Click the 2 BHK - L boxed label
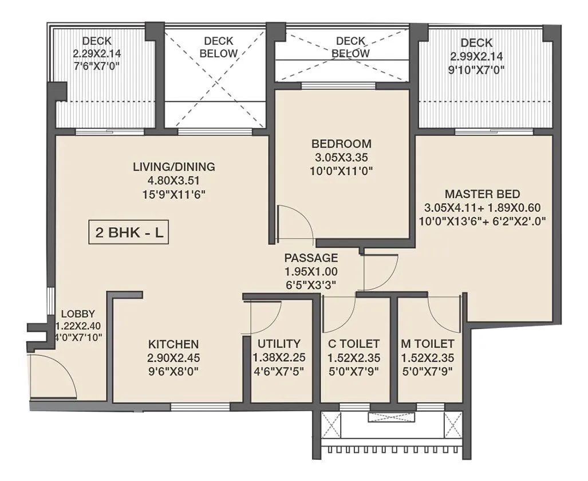(x=128, y=233)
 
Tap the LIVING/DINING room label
(x=174, y=167)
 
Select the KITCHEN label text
(x=173, y=344)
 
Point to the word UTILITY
(x=279, y=343)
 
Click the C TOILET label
(x=353, y=343)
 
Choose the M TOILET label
(x=428, y=343)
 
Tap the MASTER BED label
(x=482, y=193)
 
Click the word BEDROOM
(x=341, y=143)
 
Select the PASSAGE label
(x=311, y=258)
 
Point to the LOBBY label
(x=73, y=314)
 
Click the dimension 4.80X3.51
(x=174, y=181)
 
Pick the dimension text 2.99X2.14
(x=476, y=57)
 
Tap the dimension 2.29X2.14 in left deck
(x=97, y=54)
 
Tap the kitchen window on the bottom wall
(x=200, y=407)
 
